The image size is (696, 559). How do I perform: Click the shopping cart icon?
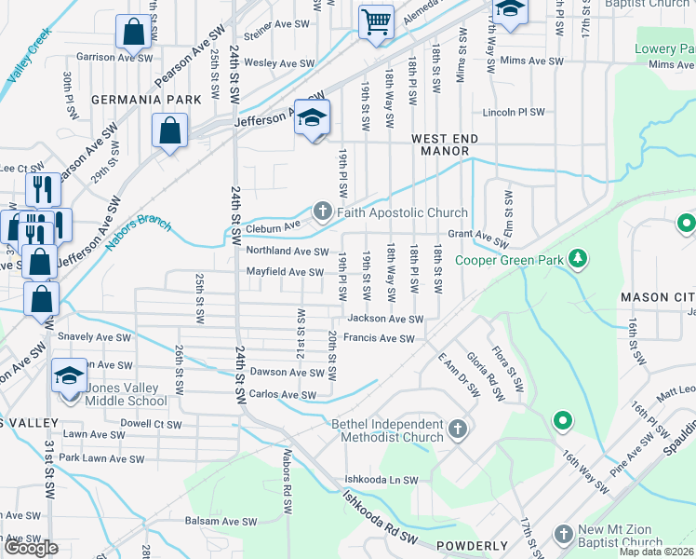point(376,20)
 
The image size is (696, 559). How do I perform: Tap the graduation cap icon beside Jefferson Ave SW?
point(314,117)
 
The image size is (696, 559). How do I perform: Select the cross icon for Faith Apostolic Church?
point(323,211)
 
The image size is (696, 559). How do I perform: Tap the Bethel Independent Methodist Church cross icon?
point(456,429)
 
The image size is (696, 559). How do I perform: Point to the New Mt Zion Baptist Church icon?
point(563,534)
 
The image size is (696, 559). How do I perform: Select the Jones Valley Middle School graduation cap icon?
point(69,376)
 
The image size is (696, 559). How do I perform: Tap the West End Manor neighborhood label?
point(445,144)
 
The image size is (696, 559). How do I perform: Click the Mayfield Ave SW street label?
point(284,272)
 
